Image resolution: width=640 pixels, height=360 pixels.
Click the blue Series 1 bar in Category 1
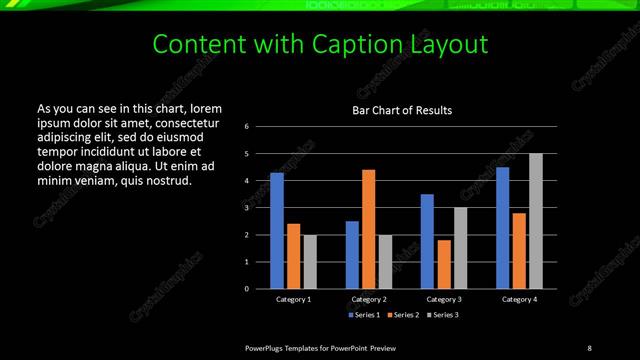277,231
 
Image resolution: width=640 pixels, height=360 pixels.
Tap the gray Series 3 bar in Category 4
536,221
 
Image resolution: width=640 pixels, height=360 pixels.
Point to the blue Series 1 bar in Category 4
503,228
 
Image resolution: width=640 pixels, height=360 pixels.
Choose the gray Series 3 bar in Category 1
310,262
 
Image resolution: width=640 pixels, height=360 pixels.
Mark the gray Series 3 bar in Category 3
461,248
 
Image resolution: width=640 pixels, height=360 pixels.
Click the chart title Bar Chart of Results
402,110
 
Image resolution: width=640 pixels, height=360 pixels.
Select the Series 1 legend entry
364,315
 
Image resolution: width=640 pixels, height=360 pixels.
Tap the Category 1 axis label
293,299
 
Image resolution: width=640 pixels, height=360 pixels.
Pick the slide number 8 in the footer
589,347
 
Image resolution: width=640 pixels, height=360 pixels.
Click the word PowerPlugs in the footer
265,347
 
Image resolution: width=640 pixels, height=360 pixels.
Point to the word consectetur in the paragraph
176,121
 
